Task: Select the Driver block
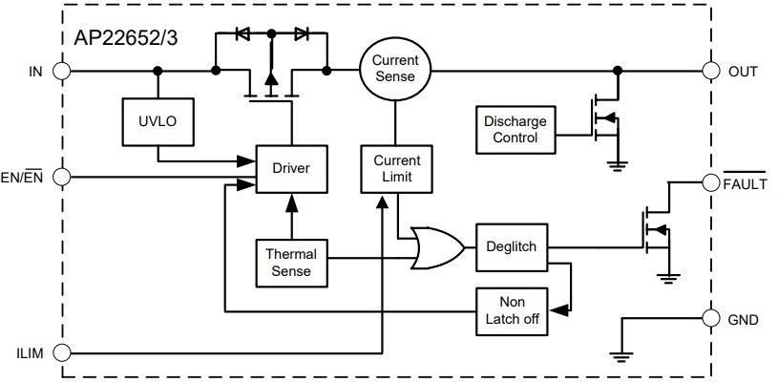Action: point(291,168)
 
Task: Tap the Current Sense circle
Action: point(395,70)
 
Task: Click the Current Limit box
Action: point(395,168)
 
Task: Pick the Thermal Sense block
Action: point(291,263)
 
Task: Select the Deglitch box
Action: point(511,246)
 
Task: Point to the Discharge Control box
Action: point(515,130)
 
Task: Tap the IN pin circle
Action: point(63,70)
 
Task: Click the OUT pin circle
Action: point(710,70)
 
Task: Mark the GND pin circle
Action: point(710,319)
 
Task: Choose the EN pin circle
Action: point(63,177)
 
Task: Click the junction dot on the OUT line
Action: point(619,70)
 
